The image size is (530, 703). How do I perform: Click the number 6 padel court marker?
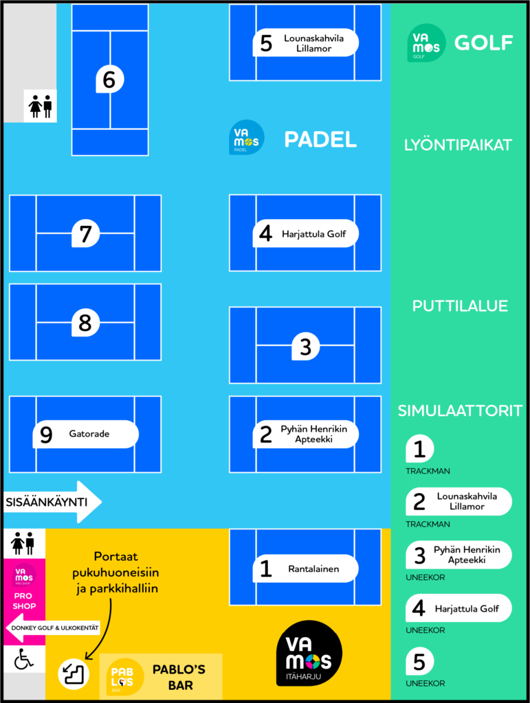coord(109,80)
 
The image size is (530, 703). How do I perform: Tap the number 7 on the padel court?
coord(86,234)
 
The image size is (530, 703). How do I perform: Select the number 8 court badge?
coord(86,323)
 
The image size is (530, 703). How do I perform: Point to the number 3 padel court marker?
coord(306,347)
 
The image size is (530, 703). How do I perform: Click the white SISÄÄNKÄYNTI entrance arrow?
coord(52,502)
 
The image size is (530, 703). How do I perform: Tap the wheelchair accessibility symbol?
coord(24,660)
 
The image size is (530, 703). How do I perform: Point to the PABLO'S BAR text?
coord(179,677)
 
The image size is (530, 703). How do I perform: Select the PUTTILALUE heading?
coord(460,306)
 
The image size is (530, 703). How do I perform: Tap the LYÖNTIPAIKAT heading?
coord(458,146)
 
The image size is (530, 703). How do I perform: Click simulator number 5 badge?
coord(419,662)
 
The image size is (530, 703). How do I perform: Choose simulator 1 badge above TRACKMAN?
coord(419,449)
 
